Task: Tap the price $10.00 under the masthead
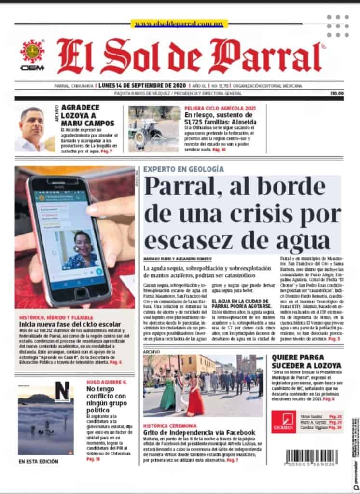tap(336, 94)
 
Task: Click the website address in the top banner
tap(180, 23)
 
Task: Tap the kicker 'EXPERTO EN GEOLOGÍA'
tap(183, 169)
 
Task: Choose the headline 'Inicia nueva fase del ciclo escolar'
tap(69, 324)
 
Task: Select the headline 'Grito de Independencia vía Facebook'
tap(199, 433)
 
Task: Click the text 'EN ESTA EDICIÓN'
tap(39, 462)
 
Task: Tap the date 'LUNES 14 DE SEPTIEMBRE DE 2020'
tap(132, 86)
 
